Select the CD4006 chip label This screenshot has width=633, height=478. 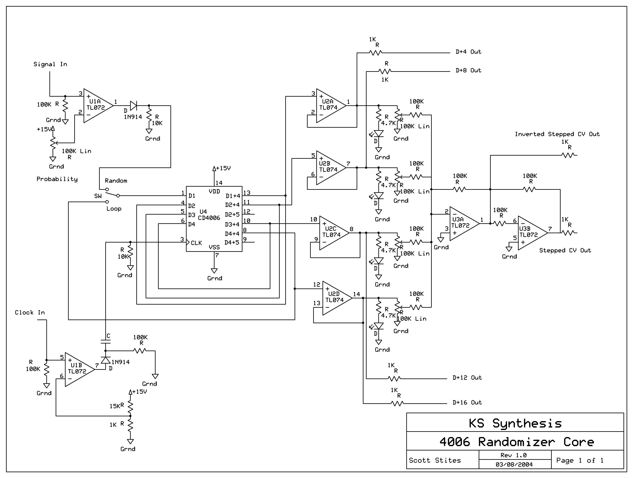(x=209, y=218)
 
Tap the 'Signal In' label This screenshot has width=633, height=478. (x=50, y=64)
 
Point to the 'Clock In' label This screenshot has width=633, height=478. (x=30, y=312)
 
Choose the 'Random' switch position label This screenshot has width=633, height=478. (x=116, y=181)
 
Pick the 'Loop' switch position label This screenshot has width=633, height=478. (x=114, y=209)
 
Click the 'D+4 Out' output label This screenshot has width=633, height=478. (x=469, y=52)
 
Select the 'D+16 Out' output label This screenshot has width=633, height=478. (x=467, y=402)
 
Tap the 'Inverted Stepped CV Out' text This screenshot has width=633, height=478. (x=557, y=134)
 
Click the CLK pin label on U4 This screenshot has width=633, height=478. (x=196, y=243)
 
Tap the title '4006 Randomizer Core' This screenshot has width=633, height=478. (x=517, y=442)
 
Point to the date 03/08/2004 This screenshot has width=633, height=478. (x=514, y=465)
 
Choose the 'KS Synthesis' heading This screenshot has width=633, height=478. (x=515, y=424)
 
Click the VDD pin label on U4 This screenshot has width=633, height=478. (x=214, y=191)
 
